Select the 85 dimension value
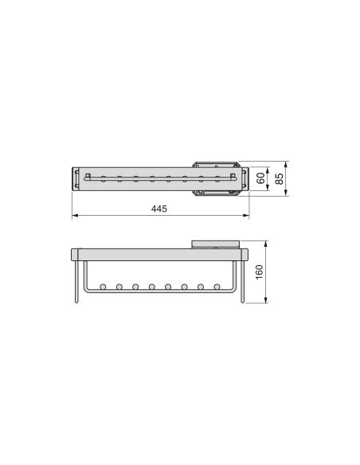coord(279,178)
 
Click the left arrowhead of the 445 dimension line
coord(75,216)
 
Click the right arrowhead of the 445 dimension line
coord(248,216)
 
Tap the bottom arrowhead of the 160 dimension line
coord(267,301)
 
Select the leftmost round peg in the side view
coord(102,286)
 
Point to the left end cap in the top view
coord(76,178)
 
